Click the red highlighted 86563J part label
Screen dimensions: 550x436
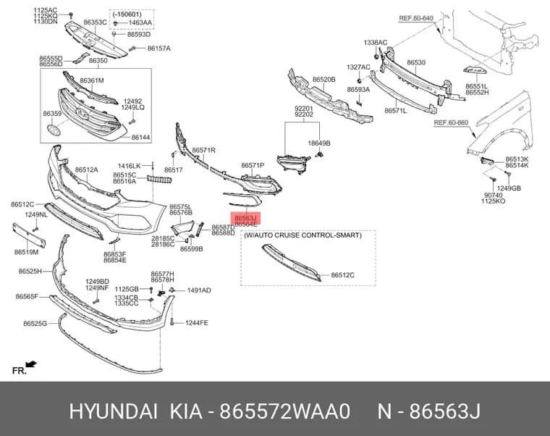coord(246,218)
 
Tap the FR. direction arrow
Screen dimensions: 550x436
coord(32,364)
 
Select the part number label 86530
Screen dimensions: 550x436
coord(416,62)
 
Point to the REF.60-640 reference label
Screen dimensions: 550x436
coord(416,18)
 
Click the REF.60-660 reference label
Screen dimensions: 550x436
coord(451,122)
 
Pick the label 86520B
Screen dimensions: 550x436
coord(323,80)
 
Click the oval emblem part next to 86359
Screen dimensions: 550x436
coord(54,130)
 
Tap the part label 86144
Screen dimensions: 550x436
coord(141,138)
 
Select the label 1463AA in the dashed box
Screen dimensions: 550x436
coord(140,23)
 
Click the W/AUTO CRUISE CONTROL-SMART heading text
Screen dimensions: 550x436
coord(302,235)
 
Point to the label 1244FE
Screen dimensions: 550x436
coord(196,322)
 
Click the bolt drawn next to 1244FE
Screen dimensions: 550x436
coord(172,322)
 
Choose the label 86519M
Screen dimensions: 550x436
coord(26,252)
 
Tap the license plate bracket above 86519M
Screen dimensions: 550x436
coord(29,235)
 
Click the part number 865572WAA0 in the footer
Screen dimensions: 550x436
coord(285,411)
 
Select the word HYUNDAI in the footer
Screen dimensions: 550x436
coord(114,411)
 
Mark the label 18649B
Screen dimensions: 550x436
coord(319,143)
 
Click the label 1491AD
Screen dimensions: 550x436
coord(199,290)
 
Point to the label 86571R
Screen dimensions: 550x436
coord(203,150)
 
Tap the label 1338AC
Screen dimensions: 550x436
coord(376,43)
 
